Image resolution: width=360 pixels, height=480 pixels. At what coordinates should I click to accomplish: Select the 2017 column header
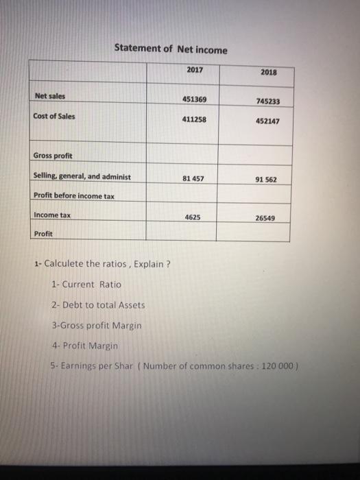[x=194, y=69]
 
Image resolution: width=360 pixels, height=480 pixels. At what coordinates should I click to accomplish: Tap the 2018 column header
[x=267, y=73]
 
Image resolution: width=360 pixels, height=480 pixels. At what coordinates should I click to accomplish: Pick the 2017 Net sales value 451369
[x=195, y=99]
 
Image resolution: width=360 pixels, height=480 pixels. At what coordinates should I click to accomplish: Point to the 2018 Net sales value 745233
[x=267, y=102]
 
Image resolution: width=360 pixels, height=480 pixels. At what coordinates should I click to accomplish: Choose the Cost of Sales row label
[x=54, y=116]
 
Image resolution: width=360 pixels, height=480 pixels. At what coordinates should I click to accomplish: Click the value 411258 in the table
[x=195, y=119]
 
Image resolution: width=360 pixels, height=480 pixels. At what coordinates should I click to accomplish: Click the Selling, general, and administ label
[x=82, y=176]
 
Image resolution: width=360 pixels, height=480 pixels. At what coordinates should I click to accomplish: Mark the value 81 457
[x=195, y=178]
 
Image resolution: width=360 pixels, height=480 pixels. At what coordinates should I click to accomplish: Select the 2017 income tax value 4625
[x=193, y=217]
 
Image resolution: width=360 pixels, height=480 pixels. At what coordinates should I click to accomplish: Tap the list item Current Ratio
[x=86, y=284]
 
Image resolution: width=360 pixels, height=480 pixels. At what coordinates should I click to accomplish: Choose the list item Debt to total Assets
[x=97, y=305]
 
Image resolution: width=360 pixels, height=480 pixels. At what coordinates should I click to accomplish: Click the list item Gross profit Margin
[x=96, y=326]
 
